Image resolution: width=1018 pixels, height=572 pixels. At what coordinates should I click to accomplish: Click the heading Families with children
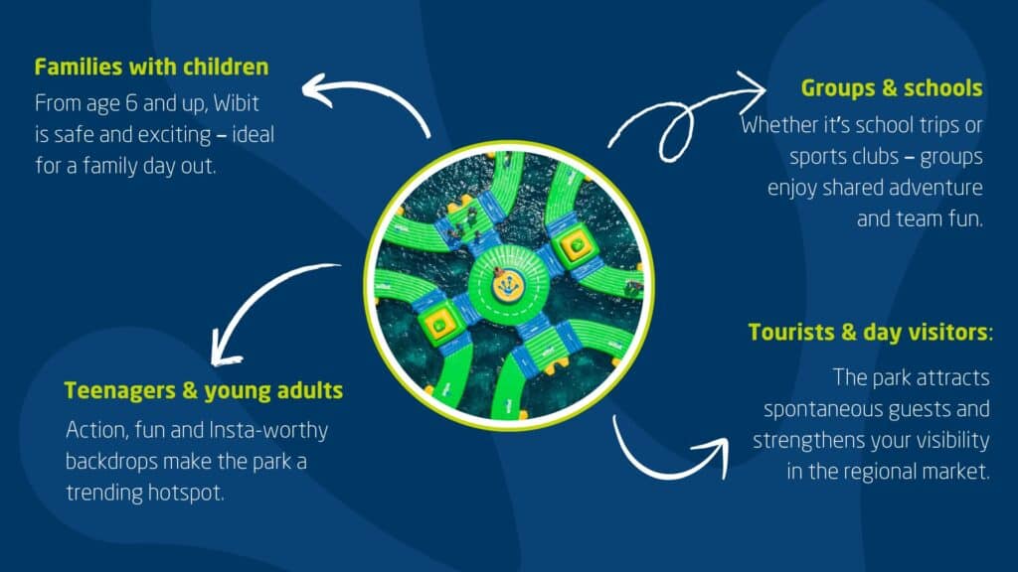[x=151, y=67]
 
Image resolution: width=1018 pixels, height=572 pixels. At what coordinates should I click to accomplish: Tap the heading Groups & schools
[x=892, y=87]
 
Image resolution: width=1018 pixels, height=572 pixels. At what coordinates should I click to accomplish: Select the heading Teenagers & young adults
[x=203, y=390]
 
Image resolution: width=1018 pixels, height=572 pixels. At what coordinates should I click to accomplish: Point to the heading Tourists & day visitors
[x=869, y=332]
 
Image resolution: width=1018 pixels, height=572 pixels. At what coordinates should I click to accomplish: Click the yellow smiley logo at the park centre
[x=508, y=285]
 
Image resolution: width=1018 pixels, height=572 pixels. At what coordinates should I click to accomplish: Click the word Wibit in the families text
[x=236, y=102]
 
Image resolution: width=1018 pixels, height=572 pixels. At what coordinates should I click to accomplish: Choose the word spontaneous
[x=822, y=409]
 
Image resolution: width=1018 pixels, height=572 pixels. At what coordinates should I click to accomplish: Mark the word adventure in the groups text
[x=935, y=188]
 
